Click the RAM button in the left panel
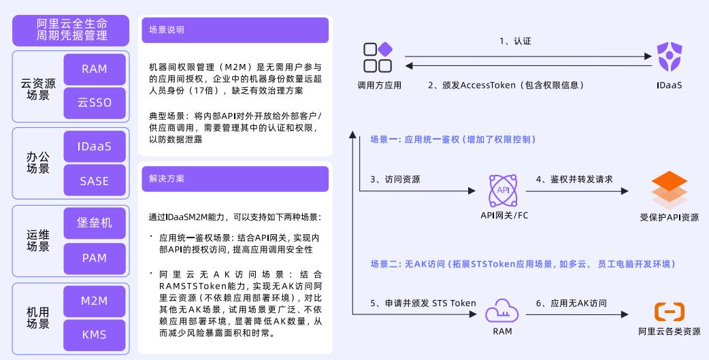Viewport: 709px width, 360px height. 95,69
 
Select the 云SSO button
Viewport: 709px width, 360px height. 95,103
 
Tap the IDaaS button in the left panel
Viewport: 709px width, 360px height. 95,146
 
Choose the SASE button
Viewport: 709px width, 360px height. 95,181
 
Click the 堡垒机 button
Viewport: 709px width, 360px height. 95,223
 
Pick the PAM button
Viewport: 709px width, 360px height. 95,258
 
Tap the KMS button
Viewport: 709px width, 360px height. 95,335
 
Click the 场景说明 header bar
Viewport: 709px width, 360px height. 235,30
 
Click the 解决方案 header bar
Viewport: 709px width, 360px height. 235,178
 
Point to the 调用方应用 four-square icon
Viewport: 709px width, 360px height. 378,58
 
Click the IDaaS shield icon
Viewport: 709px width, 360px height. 669,57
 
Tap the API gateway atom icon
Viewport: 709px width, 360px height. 504,191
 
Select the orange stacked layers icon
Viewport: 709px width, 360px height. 669,190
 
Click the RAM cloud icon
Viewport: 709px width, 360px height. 504,311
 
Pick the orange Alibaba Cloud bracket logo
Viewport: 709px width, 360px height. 669,312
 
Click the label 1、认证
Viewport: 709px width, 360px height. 515,42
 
